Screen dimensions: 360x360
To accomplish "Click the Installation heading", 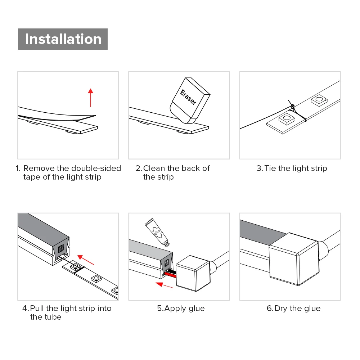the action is point(63,39).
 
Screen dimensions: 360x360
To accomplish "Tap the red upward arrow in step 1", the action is point(91,98).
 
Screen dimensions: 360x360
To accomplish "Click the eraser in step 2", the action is point(190,100).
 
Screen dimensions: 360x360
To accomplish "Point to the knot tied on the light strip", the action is point(292,107).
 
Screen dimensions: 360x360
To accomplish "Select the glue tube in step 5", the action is point(157,232).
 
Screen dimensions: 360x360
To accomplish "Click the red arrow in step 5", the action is point(165,285).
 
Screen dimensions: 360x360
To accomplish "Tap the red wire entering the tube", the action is point(170,274).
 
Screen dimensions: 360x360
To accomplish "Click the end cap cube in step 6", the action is point(294,259).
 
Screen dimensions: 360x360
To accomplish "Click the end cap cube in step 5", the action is point(193,273).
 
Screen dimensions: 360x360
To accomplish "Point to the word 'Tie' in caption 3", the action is point(270,168).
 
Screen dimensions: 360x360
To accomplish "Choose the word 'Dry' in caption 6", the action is point(281,309).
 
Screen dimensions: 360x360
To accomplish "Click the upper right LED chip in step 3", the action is point(319,100).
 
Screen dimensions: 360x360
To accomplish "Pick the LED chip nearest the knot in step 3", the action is point(287,119).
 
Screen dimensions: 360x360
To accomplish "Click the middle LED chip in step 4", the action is point(96,279).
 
